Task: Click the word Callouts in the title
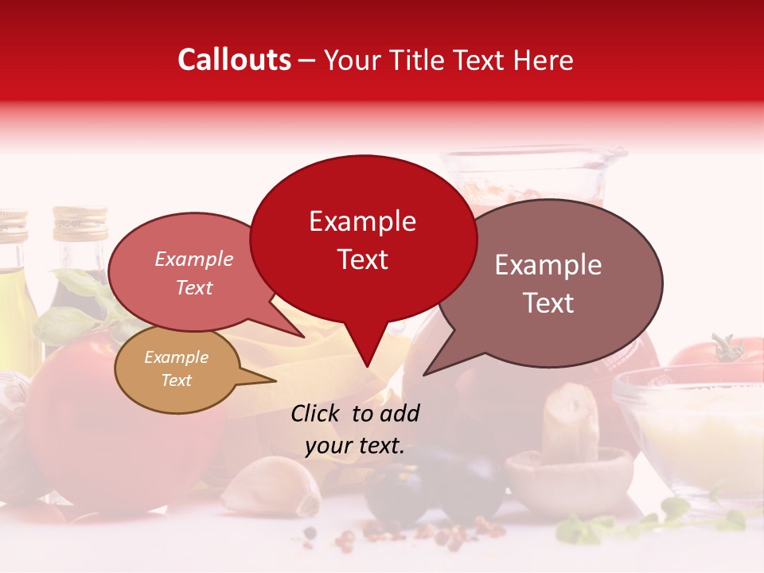pyautogui.click(x=234, y=60)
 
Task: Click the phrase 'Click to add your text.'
pyautogui.click(x=355, y=430)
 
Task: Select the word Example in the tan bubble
pyautogui.click(x=177, y=357)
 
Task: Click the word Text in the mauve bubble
pyautogui.click(x=549, y=303)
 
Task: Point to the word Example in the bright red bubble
pyautogui.click(x=363, y=221)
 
